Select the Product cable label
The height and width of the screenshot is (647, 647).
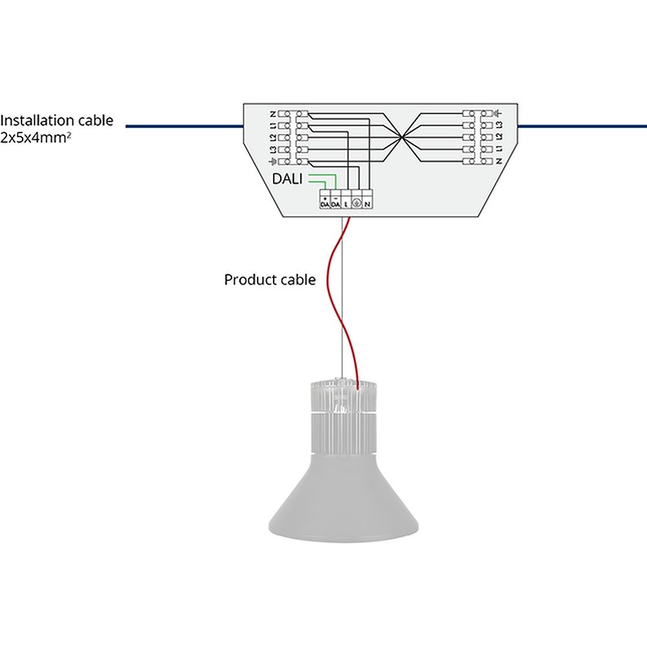pos(270,280)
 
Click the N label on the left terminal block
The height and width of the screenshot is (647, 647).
pos(273,114)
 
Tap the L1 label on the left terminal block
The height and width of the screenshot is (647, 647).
pos(273,126)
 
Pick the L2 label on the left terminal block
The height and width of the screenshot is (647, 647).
pos(273,137)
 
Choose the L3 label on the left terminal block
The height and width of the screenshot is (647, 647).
pos(273,149)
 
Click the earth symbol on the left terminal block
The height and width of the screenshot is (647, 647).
pos(273,161)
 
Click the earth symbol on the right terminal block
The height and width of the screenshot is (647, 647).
pos(499,114)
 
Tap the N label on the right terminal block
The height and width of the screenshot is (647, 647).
pos(499,161)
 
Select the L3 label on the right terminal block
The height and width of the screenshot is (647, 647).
pos(499,126)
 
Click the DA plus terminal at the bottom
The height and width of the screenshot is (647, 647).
pos(325,201)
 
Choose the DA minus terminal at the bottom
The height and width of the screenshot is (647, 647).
pos(335,201)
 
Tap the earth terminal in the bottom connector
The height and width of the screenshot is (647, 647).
pos(356,201)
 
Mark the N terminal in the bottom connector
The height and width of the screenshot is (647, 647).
pos(367,201)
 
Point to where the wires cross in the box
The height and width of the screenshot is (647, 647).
pos(402,137)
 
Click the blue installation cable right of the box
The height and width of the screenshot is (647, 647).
pos(582,126)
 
